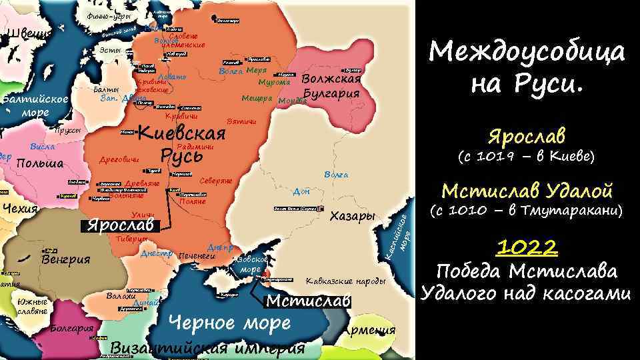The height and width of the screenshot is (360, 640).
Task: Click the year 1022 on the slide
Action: [x=526, y=248]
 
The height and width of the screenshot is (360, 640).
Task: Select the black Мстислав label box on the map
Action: [x=308, y=301]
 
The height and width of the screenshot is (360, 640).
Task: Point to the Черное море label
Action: [x=229, y=323]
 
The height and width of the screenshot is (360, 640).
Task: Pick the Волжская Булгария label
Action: [x=331, y=86]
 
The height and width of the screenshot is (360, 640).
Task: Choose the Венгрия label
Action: [x=65, y=259]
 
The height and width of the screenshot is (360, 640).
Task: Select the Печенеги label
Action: [x=198, y=255]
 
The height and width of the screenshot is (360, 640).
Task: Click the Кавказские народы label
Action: [x=346, y=281]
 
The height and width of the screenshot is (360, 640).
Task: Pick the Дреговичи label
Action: [x=119, y=159]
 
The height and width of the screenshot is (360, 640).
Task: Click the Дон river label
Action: [x=301, y=192]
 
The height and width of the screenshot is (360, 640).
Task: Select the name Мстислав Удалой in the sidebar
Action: [x=527, y=191]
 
